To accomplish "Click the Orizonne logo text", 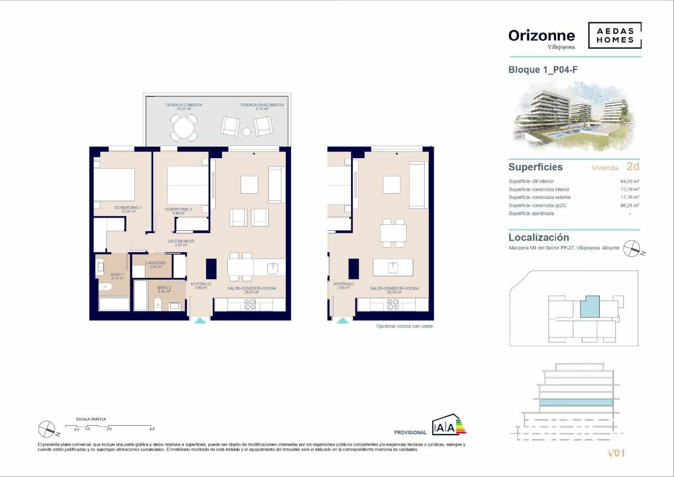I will pos(541,36).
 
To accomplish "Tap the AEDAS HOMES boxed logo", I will pos(615,35).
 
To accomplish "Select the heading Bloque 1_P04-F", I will pos(543,70).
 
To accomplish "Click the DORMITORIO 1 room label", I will pos(128,208).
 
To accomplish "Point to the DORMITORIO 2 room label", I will pos(179,210).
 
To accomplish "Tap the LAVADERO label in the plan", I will pos(156,263).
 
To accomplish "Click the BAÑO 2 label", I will pos(164,288).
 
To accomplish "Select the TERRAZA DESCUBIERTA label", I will pos(262,105).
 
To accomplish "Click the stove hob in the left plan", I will pos(250,305).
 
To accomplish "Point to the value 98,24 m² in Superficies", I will pos(630,205).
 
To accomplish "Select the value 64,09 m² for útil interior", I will pos(630,181).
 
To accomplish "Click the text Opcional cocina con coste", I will pos(404,326).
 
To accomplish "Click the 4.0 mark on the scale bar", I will pos(152,429).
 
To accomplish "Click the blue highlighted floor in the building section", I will pos(575,402).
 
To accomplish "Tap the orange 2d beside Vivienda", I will pos(633,167).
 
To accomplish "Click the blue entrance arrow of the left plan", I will pos(201,321).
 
